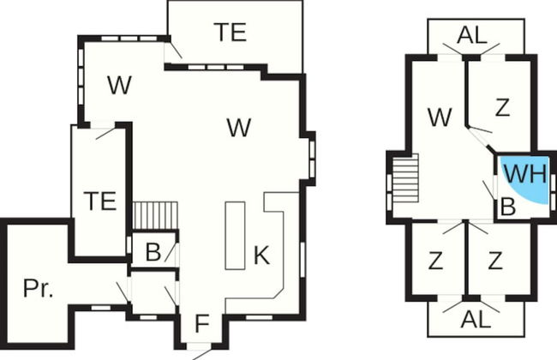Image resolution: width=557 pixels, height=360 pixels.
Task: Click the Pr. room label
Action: (38, 288)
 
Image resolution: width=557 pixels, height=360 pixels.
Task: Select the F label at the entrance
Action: (202, 324)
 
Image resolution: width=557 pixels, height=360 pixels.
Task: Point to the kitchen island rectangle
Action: (235, 236)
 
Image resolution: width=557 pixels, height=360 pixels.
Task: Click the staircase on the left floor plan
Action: (155, 215)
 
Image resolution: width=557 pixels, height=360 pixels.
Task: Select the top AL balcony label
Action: (472, 35)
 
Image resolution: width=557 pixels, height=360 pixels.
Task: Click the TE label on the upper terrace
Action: (231, 32)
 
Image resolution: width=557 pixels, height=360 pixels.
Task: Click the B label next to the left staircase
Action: (153, 252)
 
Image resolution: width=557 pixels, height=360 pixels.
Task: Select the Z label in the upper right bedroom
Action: (502, 108)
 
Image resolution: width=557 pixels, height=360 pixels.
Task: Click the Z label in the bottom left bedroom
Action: (435, 261)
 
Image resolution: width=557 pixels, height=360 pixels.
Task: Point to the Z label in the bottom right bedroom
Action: (495, 261)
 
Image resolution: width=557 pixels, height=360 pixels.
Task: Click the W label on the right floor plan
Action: (440, 117)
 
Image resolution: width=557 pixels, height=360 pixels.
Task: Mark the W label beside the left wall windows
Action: (119, 85)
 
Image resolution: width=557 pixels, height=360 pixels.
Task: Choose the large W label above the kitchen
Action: (239, 128)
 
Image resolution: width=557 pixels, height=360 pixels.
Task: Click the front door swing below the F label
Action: (201, 354)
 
